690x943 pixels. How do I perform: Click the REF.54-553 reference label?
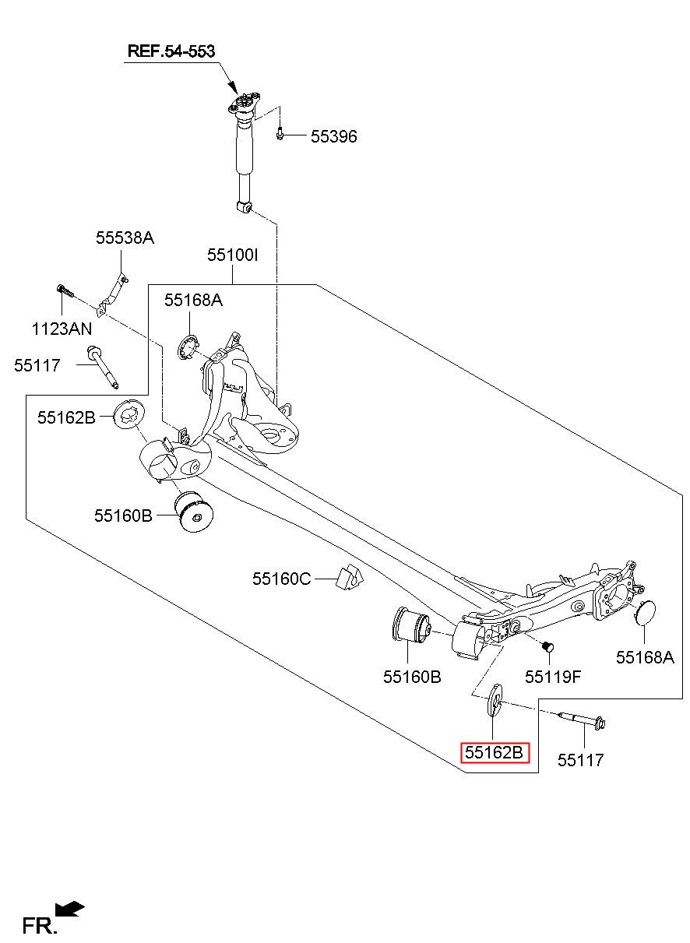coord(171,51)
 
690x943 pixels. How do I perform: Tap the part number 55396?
coord(334,136)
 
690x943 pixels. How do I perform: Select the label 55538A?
coord(125,238)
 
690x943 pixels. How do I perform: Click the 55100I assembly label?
coord(232,255)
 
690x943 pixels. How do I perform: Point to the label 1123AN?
coord(62,329)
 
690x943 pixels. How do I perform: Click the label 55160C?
coord(281,579)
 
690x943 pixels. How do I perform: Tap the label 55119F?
coord(553,677)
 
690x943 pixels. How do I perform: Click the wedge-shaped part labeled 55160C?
coord(350,575)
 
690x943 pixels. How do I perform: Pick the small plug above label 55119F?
coord(547,647)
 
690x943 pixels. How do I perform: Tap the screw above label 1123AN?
coord(65,290)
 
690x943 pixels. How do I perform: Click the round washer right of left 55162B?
coord(129,416)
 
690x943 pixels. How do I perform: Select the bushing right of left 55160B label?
coord(194,511)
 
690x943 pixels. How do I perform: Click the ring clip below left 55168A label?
coord(188,347)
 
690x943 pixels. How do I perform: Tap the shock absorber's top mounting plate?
coord(245,104)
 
